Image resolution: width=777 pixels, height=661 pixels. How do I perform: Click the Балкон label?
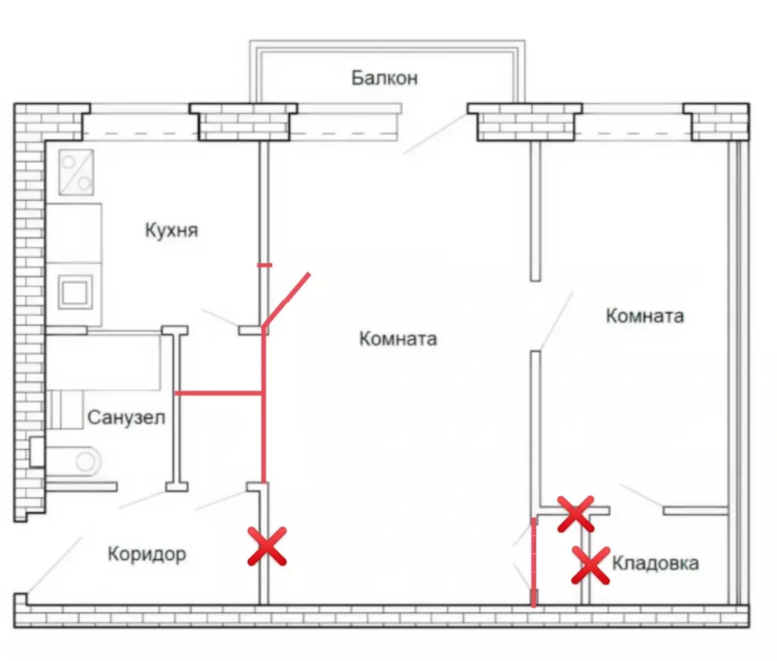tap(385, 78)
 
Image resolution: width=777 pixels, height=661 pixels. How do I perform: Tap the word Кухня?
tap(172, 230)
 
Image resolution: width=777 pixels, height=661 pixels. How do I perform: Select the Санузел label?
tap(126, 418)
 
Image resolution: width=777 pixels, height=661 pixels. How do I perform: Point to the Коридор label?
tap(147, 554)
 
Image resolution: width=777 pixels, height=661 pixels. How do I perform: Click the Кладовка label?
tap(655, 563)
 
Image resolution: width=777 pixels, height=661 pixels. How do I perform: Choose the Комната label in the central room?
tap(398, 339)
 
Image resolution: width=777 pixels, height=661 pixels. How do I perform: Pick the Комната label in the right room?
tap(645, 316)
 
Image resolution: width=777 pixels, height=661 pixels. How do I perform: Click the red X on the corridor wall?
tap(267, 546)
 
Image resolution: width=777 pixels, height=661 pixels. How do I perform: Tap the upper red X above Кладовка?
tap(575, 514)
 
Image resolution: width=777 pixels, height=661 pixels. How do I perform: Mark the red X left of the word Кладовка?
tap(591, 565)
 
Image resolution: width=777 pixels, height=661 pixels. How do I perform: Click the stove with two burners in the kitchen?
tap(76, 172)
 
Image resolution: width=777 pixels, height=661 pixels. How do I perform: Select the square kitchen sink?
tap(75, 292)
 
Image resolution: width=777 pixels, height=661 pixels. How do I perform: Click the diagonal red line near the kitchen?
tap(286, 301)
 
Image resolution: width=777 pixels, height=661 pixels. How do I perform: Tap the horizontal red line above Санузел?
tap(219, 393)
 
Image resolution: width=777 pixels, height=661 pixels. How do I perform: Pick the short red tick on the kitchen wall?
tap(264, 265)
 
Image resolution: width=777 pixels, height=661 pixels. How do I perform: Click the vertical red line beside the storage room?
tap(534, 563)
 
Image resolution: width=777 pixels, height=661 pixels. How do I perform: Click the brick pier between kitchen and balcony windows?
tap(244, 122)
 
